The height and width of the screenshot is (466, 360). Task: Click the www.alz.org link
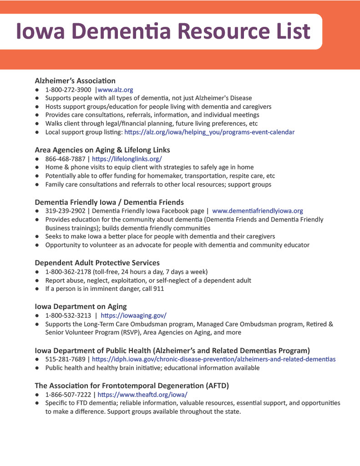pos(116,90)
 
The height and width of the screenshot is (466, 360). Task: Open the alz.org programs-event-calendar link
pos(209,132)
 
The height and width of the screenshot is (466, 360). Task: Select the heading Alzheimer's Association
pos(75,81)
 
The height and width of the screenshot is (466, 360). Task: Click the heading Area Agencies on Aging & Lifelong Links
pos(102,150)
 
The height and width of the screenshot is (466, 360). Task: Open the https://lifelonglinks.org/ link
pos(127,159)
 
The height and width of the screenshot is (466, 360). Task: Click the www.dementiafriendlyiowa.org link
pos(258,211)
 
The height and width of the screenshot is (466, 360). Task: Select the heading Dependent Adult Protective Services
pos(97,263)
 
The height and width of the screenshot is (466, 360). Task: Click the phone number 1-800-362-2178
pos(68,272)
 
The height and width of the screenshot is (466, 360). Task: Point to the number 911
pos(158,289)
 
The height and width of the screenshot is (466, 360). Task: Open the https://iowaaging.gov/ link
pos(133,315)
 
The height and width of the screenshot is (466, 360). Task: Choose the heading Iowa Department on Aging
pos(81,306)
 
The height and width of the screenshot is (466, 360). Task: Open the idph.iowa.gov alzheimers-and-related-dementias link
pos(214,359)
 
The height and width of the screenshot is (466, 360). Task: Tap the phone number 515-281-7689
pos(66,359)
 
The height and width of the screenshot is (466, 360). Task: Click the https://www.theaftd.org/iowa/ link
pos(142,395)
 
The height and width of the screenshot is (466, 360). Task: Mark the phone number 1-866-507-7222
pos(68,395)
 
